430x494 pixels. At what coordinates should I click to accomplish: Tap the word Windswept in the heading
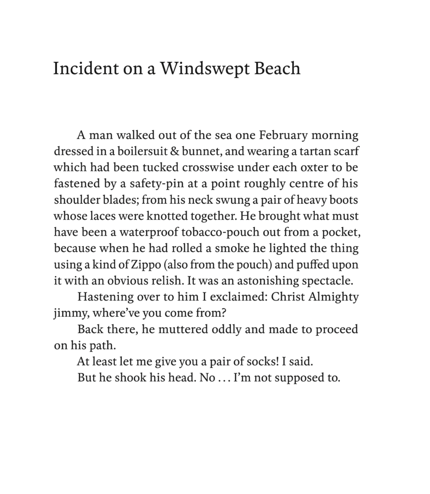click(x=205, y=69)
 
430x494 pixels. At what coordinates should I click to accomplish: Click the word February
click(x=283, y=135)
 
